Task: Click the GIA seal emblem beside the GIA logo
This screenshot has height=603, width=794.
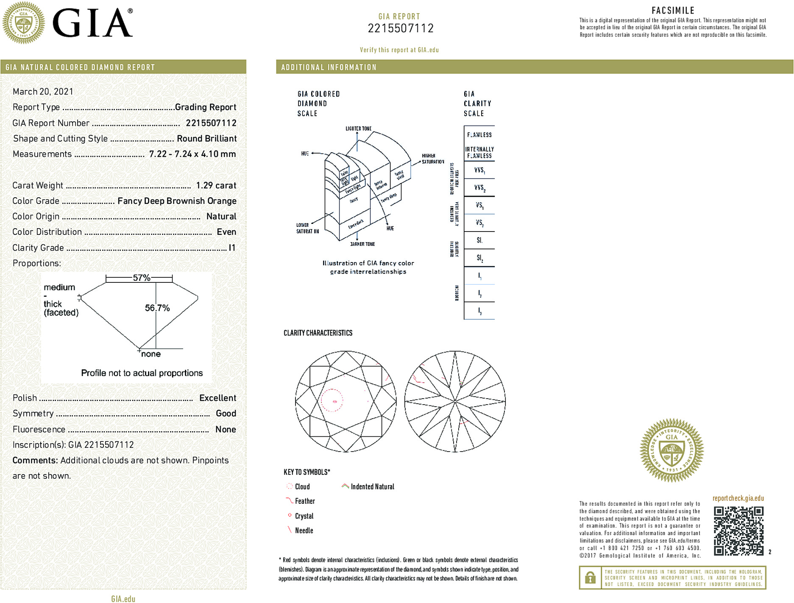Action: (x=23, y=23)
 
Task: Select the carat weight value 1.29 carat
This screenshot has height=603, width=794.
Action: (x=216, y=185)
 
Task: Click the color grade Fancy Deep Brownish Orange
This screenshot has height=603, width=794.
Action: (x=177, y=201)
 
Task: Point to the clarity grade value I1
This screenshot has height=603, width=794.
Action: (x=232, y=248)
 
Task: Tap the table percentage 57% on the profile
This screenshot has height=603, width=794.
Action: (x=141, y=278)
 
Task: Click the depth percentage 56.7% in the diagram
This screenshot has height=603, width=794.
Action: (x=157, y=308)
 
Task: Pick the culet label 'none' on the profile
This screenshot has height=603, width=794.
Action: (x=151, y=354)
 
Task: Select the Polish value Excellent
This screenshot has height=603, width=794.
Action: (x=217, y=398)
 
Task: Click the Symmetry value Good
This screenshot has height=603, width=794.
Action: (x=226, y=413)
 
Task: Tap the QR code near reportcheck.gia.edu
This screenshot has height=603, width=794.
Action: (x=738, y=530)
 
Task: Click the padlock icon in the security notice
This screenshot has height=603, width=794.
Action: (x=590, y=578)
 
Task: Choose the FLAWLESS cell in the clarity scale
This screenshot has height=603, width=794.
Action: (x=479, y=135)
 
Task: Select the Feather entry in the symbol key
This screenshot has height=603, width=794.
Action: (x=304, y=501)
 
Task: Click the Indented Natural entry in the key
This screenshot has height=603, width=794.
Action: (x=372, y=487)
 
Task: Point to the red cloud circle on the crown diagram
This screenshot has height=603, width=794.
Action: (x=332, y=400)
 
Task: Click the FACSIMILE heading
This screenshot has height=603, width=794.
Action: (x=673, y=10)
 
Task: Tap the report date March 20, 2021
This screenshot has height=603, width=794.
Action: (x=43, y=92)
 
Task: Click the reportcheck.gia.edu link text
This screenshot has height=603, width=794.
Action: (x=738, y=498)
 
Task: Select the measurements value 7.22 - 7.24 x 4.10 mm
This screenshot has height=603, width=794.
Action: (x=192, y=154)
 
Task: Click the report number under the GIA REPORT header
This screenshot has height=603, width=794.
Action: (x=400, y=28)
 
